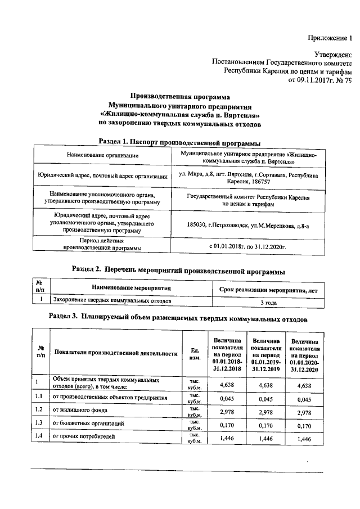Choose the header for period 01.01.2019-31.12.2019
pos(267,354)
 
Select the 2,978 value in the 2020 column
pos(304,412)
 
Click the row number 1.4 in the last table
pos(38,436)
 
